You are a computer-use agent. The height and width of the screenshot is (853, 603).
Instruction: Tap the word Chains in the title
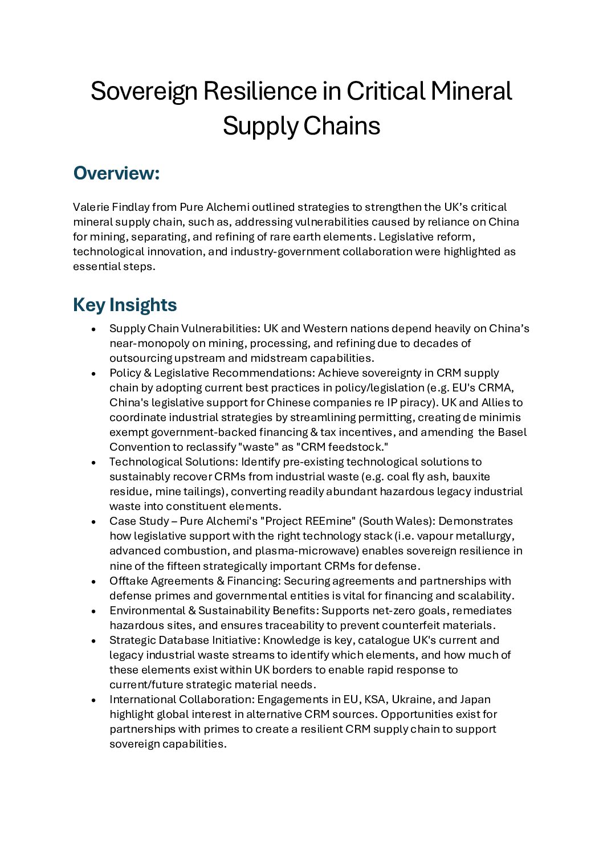click(341, 126)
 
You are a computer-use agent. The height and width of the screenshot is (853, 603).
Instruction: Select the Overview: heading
click(116, 173)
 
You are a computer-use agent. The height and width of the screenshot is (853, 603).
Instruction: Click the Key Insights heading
click(125, 305)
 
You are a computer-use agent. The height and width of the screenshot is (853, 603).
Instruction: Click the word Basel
click(512, 432)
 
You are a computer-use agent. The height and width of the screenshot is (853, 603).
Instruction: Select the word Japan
click(475, 699)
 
